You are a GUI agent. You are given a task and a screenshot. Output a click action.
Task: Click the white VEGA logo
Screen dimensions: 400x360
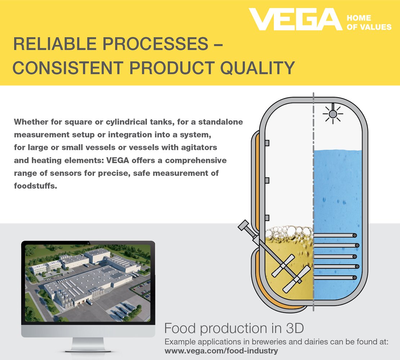click(x=295, y=19)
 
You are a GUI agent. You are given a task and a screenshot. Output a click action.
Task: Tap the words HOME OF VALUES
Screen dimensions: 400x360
click(x=369, y=22)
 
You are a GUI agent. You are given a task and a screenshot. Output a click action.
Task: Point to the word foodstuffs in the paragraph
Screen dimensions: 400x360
click(x=35, y=186)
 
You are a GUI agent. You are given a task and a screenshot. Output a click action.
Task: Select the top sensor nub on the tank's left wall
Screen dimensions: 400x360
click(x=267, y=143)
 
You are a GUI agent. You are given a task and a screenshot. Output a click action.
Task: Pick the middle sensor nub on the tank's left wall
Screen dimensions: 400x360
click(x=267, y=180)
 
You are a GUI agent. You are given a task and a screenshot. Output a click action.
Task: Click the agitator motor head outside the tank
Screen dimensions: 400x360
click(x=244, y=225)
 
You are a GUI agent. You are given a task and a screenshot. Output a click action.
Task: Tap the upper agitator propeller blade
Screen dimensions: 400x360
click(x=283, y=265)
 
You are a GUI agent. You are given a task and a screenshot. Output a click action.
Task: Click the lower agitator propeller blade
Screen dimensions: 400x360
click(x=297, y=279)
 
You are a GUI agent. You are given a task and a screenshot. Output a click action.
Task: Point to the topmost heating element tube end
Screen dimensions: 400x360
click(x=355, y=235)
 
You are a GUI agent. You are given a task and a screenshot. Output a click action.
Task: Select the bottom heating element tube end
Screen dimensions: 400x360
click(x=354, y=278)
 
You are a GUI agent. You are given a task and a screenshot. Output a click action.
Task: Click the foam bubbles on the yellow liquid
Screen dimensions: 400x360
click(x=289, y=234)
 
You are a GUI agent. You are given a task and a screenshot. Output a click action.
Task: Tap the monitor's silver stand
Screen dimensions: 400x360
click(x=88, y=344)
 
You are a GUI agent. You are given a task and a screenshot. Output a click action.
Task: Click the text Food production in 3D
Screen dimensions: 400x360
click(x=234, y=328)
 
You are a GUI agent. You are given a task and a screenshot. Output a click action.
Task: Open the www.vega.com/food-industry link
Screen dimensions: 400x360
click(x=221, y=351)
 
